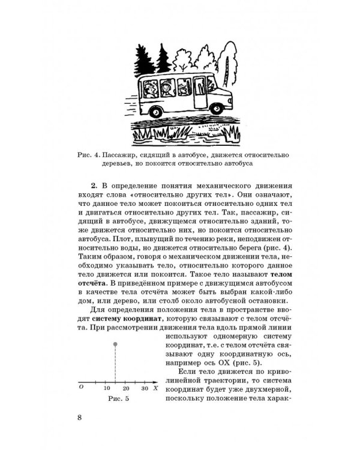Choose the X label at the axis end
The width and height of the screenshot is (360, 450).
[155, 389]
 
